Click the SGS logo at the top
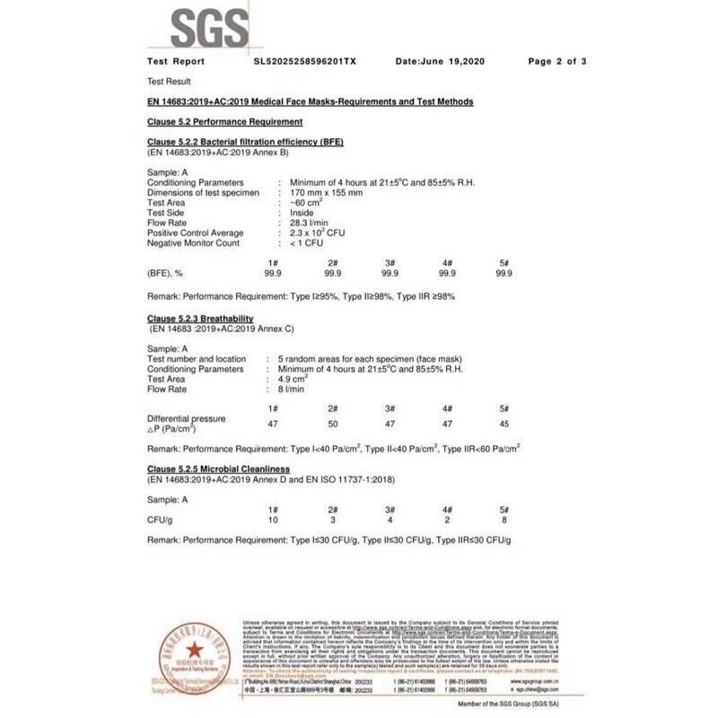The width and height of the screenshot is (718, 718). (x=210, y=29)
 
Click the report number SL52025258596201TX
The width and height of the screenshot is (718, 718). (x=305, y=62)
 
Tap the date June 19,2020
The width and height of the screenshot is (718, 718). (x=440, y=62)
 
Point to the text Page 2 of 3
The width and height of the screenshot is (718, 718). (x=557, y=62)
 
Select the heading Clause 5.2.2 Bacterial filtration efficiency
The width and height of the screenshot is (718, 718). (x=245, y=142)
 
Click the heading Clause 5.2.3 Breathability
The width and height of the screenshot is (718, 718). (x=200, y=319)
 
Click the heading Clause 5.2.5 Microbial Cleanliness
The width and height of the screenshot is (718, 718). (x=220, y=469)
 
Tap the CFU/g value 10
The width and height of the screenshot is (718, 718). (x=274, y=519)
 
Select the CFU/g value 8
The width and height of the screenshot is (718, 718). (x=503, y=519)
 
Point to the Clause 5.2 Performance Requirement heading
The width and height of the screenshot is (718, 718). (x=224, y=121)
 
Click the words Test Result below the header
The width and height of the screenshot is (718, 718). (x=169, y=81)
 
